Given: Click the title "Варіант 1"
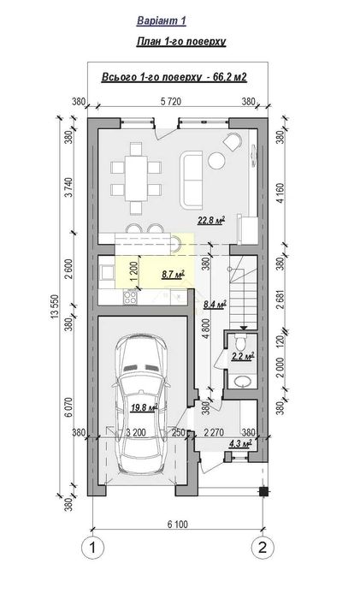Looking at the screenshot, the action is click(x=161, y=21).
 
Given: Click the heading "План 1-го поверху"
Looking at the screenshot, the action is click(x=181, y=41).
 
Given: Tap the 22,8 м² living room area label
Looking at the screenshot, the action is click(x=210, y=220).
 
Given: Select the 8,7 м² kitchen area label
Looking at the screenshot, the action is click(x=174, y=275).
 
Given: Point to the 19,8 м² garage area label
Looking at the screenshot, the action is click(x=145, y=407).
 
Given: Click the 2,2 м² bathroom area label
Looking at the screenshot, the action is click(x=243, y=357).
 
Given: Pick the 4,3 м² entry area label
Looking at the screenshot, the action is click(x=239, y=443).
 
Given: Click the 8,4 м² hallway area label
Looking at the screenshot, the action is click(x=215, y=305).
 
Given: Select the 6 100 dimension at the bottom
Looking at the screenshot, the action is click(x=178, y=524).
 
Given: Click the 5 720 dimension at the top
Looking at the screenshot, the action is click(x=171, y=101).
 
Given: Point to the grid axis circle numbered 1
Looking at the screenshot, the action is click(x=92, y=548).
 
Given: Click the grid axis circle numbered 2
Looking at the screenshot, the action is click(x=263, y=548).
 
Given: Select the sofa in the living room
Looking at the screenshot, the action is click(x=191, y=180).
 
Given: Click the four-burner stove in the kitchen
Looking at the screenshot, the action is click(x=130, y=296).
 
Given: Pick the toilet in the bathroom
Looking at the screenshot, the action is click(x=241, y=342).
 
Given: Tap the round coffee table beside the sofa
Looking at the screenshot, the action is click(x=217, y=161).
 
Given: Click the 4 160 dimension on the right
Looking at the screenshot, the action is click(x=280, y=193).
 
